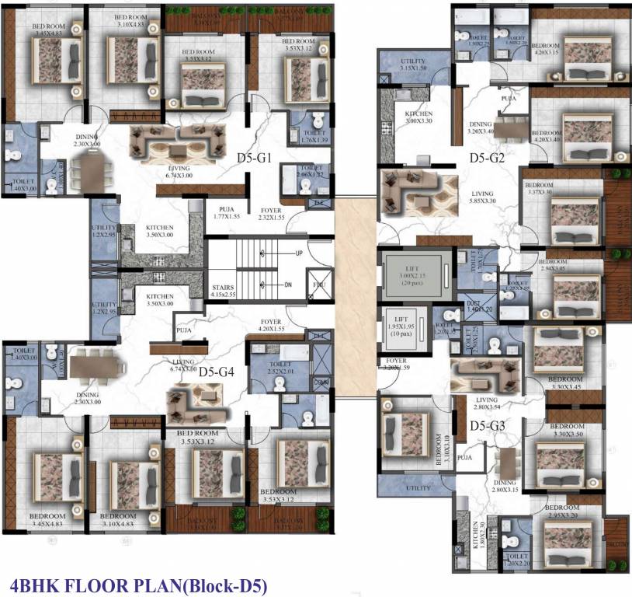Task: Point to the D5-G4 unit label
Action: [x=217, y=372]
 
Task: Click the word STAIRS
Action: [x=224, y=292]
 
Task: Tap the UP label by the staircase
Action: [x=299, y=254]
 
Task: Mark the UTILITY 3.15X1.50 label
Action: [x=413, y=65]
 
